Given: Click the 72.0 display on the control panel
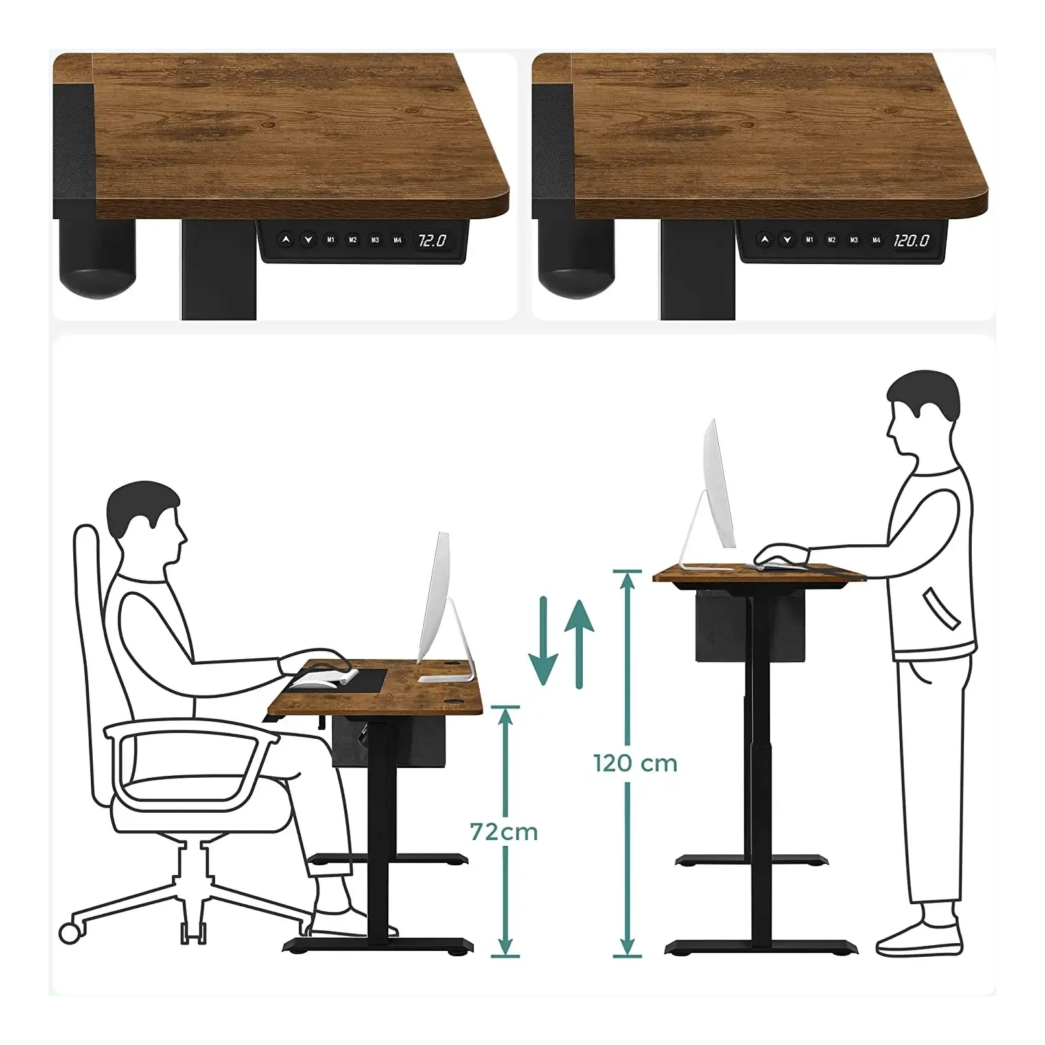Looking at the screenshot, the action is [432, 241].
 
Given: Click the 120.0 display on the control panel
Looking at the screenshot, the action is [911, 241].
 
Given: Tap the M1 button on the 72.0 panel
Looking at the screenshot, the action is [331, 240].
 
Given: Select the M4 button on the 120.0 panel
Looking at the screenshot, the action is [876, 240].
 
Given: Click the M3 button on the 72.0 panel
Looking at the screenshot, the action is [375, 240].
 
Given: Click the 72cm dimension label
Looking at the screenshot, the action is [504, 832].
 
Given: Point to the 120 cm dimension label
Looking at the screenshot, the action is [635, 763].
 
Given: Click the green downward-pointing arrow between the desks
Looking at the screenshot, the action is [543, 641].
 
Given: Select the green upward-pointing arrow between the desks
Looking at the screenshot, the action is [579, 643].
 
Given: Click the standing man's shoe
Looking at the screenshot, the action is [919, 938].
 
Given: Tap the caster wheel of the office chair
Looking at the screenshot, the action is [70, 933].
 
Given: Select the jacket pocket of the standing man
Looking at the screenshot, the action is [941, 608].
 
